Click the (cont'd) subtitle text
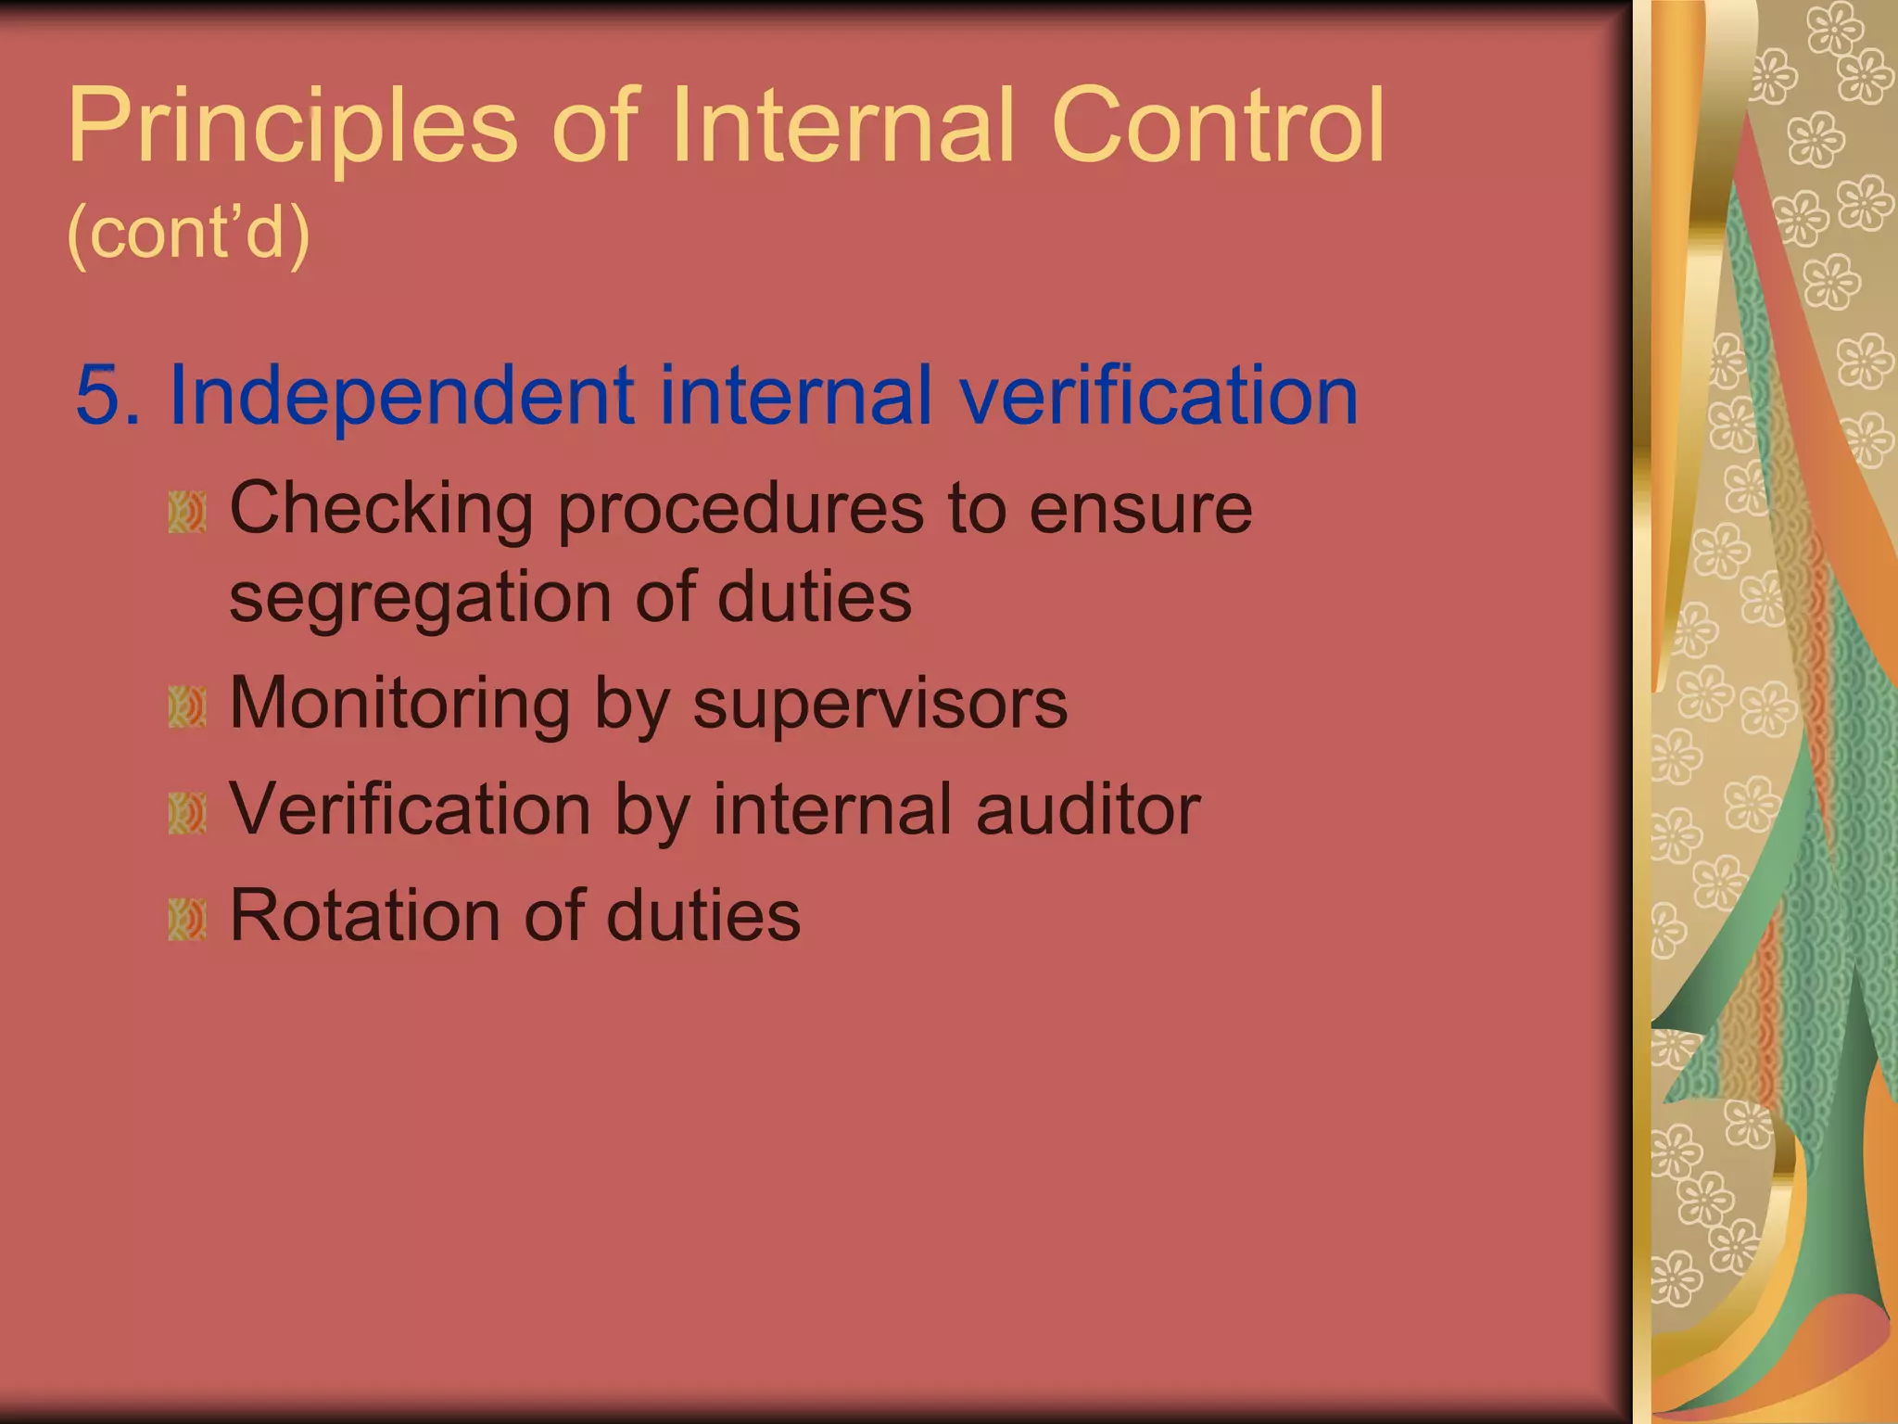tap(188, 233)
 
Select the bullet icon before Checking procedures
tap(187, 513)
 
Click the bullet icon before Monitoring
tap(187, 707)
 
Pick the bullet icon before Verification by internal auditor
tap(187, 814)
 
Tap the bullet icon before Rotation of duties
tap(187, 920)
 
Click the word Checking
tap(381, 511)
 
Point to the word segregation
tap(420, 599)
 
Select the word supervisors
tap(879, 705)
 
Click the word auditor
tap(1088, 810)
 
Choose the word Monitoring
tap(399, 705)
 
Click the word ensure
tap(1141, 511)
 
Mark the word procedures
tap(740, 511)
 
